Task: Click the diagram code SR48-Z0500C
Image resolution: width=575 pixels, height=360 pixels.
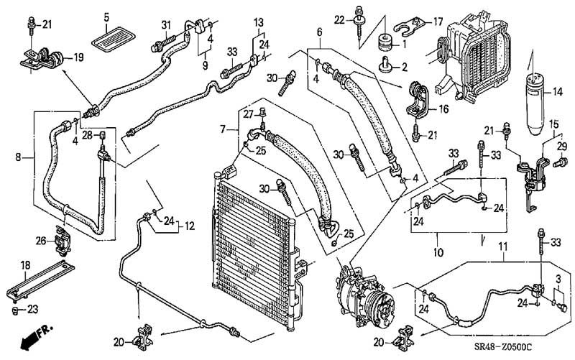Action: [503, 346]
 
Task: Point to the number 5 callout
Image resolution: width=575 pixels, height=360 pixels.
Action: [106, 17]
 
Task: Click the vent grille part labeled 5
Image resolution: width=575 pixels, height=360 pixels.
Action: [114, 39]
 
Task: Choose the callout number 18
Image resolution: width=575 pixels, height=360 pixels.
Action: [25, 265]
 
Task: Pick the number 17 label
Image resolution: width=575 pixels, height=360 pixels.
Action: [438, 22]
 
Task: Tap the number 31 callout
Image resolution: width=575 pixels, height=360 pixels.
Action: [166, 25]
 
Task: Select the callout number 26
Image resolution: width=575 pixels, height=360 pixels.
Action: [41, 241]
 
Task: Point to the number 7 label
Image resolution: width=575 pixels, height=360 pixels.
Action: [223, 129]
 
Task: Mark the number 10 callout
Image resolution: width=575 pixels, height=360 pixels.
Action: [438, 252]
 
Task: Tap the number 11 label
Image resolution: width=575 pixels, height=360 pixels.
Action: [502, 246]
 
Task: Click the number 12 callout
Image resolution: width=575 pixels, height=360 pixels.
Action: [189, 226]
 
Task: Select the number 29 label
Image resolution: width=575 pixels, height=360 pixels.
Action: [562, 147]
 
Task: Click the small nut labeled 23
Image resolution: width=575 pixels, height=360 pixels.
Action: [14, 310]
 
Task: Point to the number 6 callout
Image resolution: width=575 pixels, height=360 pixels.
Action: [319, 32]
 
